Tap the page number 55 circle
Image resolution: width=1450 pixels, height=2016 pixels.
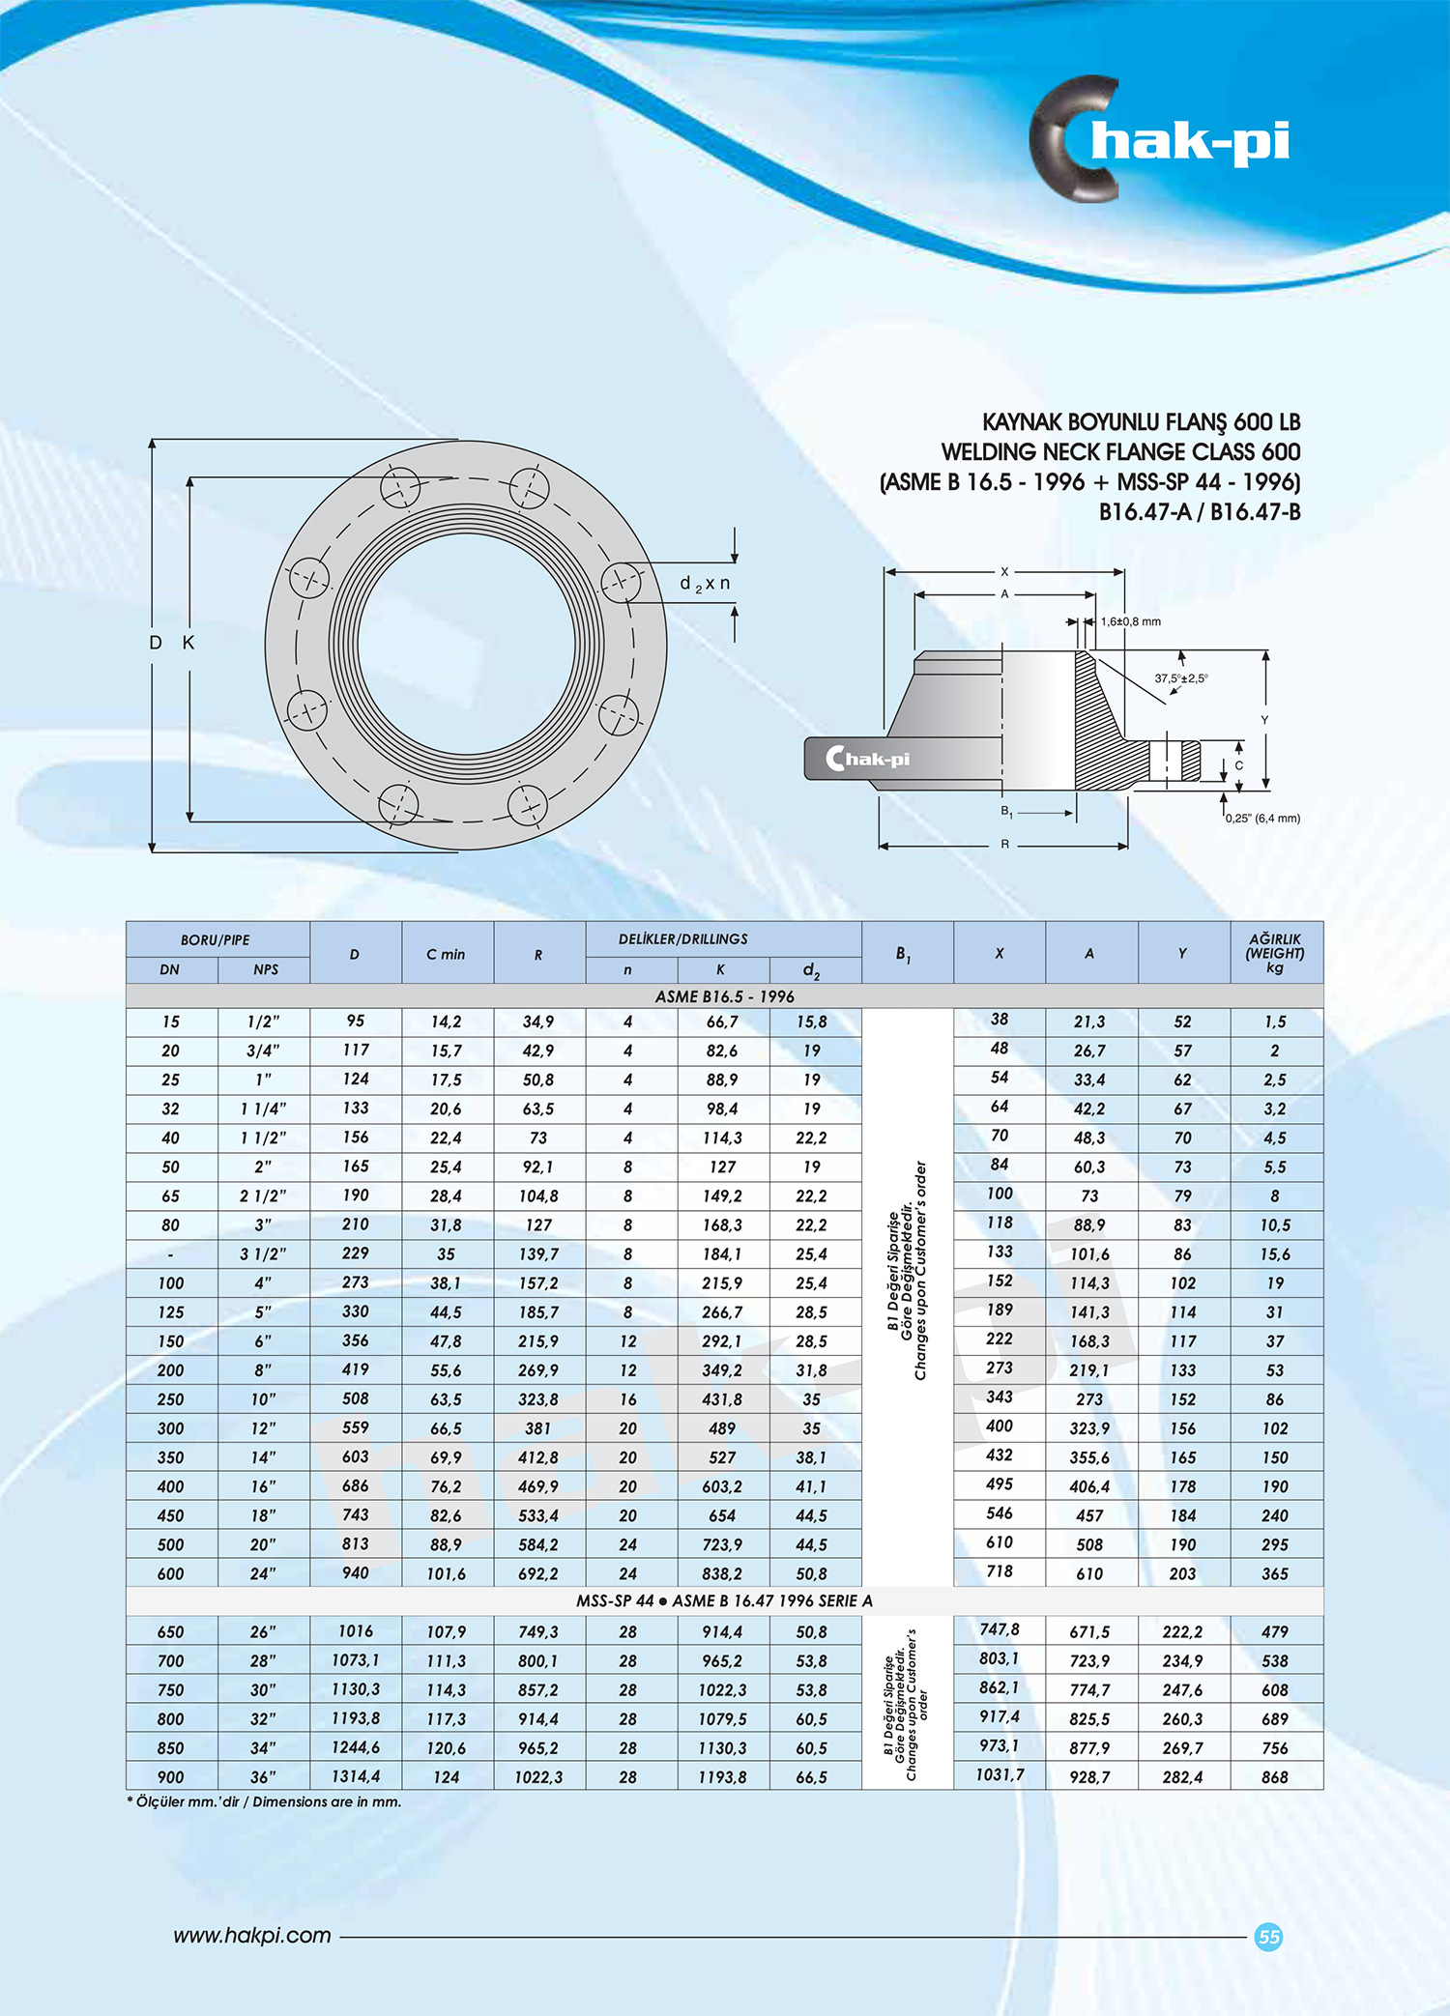pyautogui.click(x=1268, y=1937)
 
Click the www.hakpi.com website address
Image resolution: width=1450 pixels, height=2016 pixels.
pyautogui.click(x=252, y=1936)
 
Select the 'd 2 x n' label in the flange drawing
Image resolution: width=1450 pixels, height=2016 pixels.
pyautogui.click(x=705, y=584)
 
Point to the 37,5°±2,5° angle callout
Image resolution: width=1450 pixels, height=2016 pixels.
pyautogui.click(x=1180, y=678)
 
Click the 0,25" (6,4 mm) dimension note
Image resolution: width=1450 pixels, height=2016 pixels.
pyautogui.click(x=1262, y=819)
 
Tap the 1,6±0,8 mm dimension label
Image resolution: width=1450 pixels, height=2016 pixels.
pyautogui.click(x=1130, y=621)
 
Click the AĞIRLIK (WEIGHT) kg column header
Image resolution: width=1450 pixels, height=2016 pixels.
pyautogui.click(x=1275, y=953)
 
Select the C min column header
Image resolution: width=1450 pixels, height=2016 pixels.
pyautogui.click(x=446, y=954)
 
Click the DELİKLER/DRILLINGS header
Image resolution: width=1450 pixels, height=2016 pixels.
pyautogui.click(x=682, y=939)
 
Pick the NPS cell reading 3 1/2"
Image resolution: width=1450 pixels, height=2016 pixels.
pyautogui.click(x=263, y=1254)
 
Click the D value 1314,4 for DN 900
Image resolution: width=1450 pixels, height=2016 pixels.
pyautogui.click(x=355, y=1776)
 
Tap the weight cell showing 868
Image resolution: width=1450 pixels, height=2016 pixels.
pyautogui.click(x=1274, y=1777)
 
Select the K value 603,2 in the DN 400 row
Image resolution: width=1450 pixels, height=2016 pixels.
pyautogui.click(x=721, y=1486)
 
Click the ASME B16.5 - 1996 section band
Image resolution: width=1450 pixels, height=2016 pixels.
pyautogui.click(x=724, y=996)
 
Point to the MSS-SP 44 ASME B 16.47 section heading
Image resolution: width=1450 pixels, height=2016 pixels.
pyautogui.click(x=724, y=1601)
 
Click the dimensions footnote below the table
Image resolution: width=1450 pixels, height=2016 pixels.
pyautogui.click(x=264, y=1802)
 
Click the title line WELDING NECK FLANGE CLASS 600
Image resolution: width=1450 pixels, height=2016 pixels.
pyautogui.click(x=1120, y=452)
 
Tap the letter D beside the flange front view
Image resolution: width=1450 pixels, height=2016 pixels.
pyautogui.click(x=156, y=643)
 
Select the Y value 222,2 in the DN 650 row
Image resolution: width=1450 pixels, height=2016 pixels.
pyautogui.click(x=1181, y=1632)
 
